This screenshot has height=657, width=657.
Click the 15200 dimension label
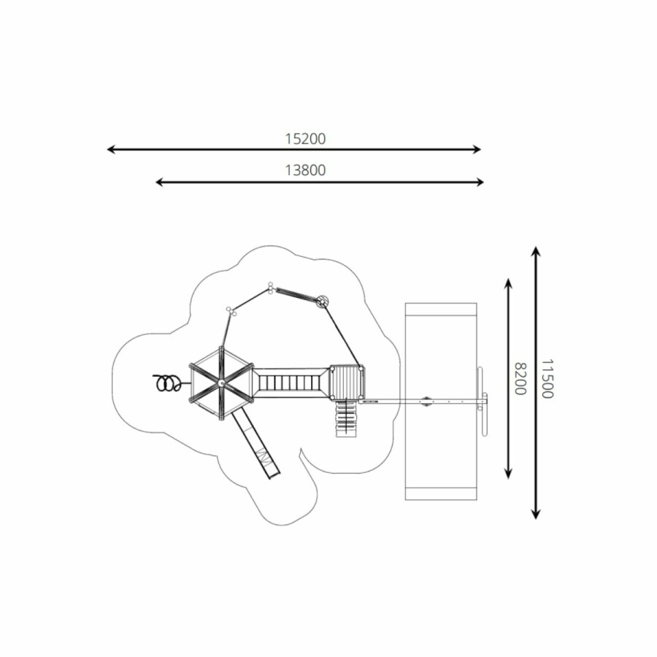[305, 139]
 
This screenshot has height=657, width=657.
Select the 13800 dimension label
[305, 170]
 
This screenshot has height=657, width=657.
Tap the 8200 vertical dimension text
[520, 379]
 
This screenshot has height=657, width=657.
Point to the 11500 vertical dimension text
[547, 378]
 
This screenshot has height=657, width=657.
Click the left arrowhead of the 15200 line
[111, 149]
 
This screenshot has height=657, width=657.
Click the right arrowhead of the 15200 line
[477, 149]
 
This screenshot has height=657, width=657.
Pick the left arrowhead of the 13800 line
[159, 182]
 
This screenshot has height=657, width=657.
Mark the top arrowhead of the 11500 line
[536, 250]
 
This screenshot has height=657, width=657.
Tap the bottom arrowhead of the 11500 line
[536, 515]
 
